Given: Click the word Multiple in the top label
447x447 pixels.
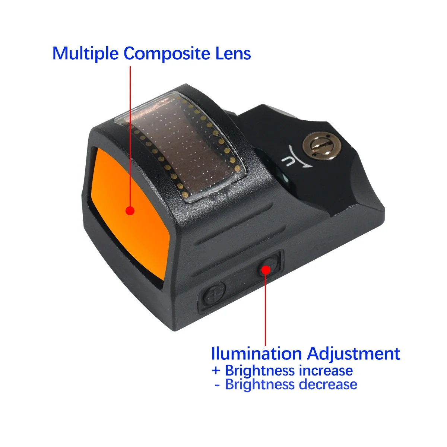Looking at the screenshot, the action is tap(85, 54).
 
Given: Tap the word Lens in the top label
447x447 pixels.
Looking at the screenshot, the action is tap(233, 53).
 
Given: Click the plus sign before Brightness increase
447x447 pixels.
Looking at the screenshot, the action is tap(216, 371).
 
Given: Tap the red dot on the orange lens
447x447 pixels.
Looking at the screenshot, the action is tap(130, 210).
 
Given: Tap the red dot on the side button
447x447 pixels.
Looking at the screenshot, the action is tap(266, 270).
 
